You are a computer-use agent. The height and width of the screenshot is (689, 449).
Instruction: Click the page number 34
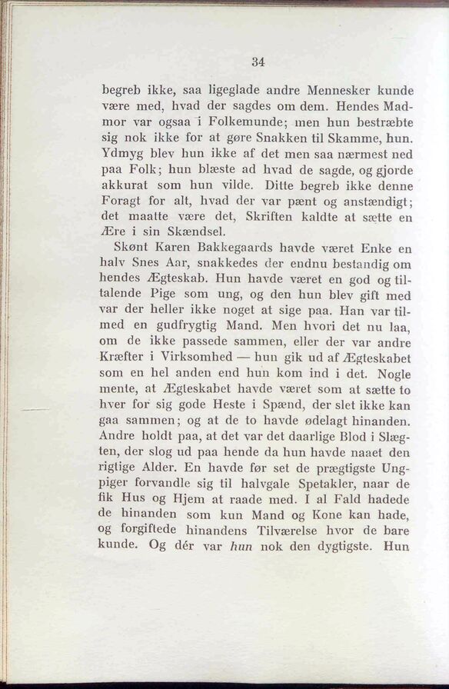point(258,62)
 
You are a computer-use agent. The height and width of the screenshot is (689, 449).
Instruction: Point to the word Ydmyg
point(121,155)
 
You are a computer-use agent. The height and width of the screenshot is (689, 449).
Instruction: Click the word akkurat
point(127,188)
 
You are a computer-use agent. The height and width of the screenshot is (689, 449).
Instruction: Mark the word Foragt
point(125,203)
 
